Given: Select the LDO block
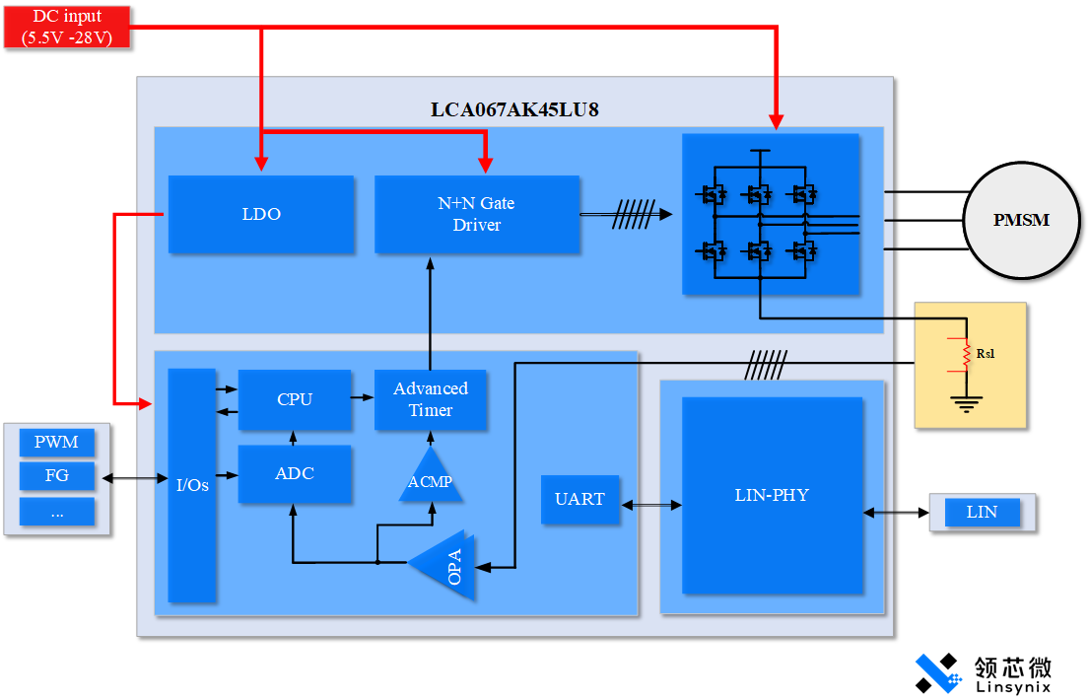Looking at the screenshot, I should point(261,214).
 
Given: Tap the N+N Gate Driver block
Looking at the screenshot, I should point(477,214).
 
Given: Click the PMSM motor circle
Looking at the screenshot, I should point(1020,220).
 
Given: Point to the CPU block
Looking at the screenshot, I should point(295,399).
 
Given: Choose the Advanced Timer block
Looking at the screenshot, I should point(431,399).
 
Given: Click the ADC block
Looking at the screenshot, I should point(295,474).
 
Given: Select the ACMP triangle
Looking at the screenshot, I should point(431,478).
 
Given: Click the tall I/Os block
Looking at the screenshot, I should point(192,485).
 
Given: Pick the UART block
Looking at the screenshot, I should point(579,499).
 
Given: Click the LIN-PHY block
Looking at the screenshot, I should point(772,495).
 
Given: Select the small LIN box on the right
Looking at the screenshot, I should point(982,513).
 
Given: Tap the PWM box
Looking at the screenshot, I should point(56,442).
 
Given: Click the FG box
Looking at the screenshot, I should point(56,476).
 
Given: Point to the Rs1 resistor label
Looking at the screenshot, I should point(986,353).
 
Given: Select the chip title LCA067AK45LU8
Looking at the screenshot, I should point(514,109).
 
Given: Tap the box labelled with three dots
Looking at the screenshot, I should point(56,512).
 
